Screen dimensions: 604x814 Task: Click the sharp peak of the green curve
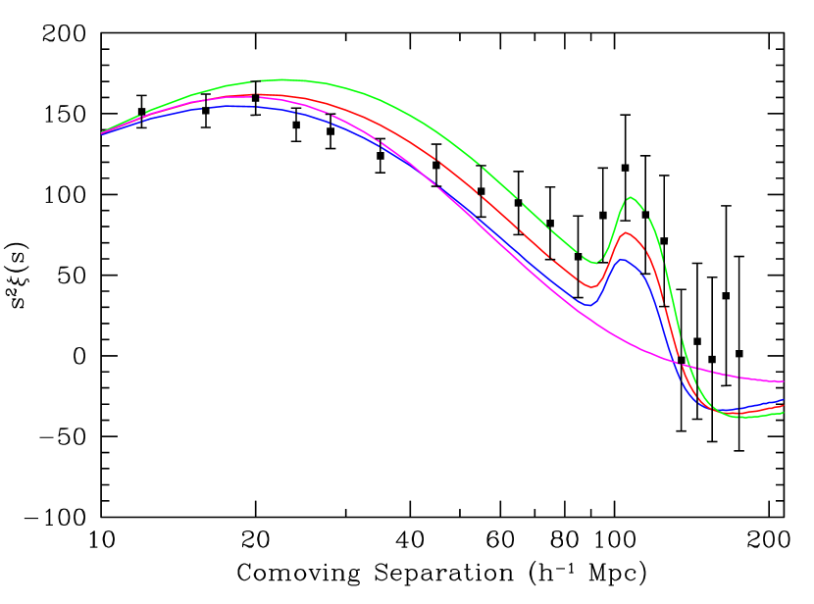coord(630,197)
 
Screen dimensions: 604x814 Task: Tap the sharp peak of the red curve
coord(625,232)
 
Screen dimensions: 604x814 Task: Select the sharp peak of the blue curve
coord(621,259)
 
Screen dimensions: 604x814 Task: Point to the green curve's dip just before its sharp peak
coord(593,262)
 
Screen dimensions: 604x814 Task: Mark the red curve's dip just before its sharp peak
coord(590,287)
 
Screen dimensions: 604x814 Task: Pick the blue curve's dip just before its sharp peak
coord(588,305)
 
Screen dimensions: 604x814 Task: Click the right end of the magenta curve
coord(783,381)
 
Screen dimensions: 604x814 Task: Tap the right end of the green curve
coord(783,413)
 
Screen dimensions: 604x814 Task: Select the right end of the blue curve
coord(783,401)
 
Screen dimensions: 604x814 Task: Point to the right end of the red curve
coord(783,406)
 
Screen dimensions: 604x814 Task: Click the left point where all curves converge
coord(102,132)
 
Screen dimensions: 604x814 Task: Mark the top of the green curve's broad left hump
coord(284,79)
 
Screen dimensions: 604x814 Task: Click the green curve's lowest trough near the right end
coord(743,419)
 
